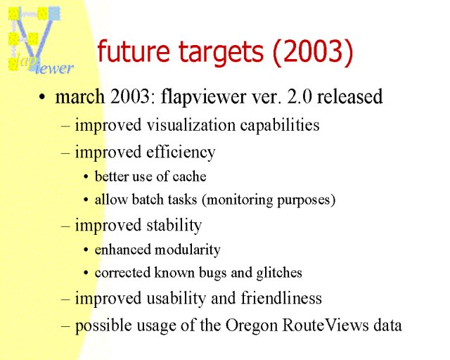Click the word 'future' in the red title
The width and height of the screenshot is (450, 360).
click(x=134, y=51)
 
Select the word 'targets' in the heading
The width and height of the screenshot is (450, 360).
click(x=221, y=53)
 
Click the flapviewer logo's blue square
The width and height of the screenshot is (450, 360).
click(x=54, y=13)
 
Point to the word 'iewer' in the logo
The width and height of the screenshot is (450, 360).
click(x=55, y=68)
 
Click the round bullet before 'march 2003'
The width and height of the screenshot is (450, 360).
click(x=42, y=97)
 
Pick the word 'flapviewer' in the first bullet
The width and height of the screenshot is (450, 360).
click(x=203, y=97)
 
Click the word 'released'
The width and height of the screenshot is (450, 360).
click(x=350, y=96)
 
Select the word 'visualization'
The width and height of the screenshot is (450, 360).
click(x=191, y=125)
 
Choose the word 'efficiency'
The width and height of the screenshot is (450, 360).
click(x=181, y=153)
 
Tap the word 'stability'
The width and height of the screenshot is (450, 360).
click(x=174, y=226)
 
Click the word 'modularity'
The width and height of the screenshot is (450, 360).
click(x=188, y=250)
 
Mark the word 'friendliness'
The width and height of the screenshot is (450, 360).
click(x=281, y=297)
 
